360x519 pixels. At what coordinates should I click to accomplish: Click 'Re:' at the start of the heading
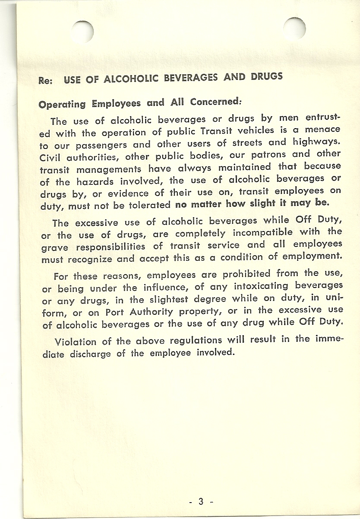[45, 81]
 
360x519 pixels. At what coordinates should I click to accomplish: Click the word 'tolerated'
[151, 205]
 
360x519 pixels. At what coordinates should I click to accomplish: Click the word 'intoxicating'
[261, 286]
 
